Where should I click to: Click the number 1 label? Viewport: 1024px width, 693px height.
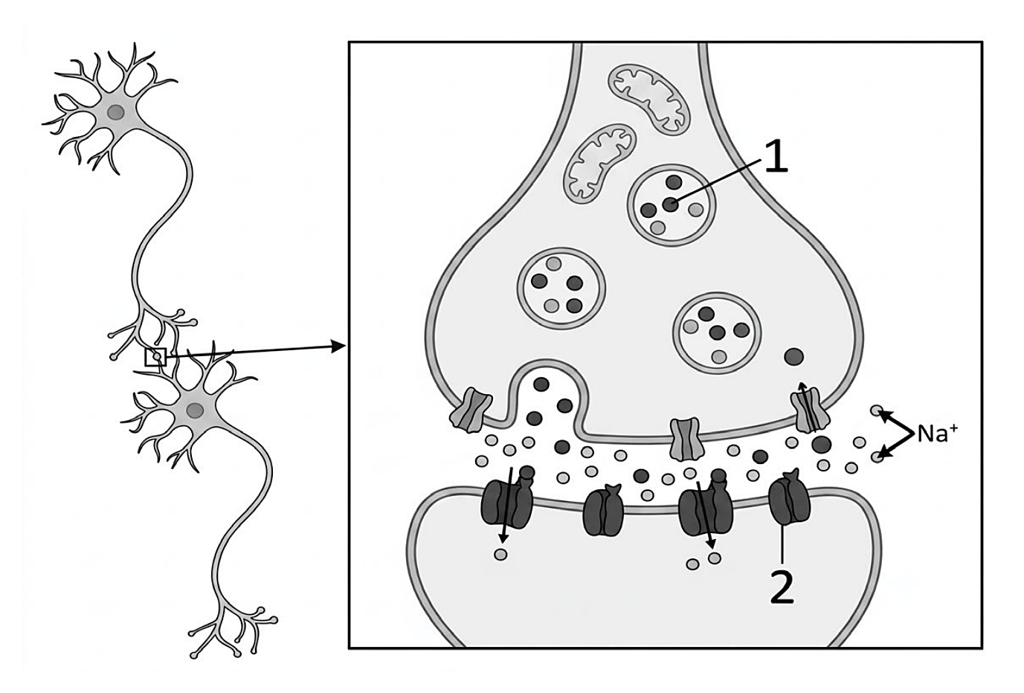776,156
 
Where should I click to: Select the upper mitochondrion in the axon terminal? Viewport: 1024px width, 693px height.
649,99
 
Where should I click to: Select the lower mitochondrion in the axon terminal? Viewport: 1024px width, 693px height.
599,164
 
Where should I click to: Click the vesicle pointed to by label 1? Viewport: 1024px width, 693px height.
671,205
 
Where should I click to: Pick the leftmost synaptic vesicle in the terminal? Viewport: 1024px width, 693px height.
561,289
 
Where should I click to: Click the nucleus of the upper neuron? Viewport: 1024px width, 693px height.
116,112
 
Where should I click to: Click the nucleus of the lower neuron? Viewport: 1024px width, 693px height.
195,410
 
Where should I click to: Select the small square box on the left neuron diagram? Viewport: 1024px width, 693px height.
156,357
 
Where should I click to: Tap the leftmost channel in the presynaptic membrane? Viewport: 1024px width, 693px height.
471,410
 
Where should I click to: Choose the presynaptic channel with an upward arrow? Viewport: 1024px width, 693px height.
810,409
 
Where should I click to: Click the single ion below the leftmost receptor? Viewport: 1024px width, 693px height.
500,555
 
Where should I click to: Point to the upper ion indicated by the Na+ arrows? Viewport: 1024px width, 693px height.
876,410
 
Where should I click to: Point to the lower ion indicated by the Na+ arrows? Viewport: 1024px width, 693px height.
876,457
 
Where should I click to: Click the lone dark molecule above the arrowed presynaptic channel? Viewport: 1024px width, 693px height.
793,357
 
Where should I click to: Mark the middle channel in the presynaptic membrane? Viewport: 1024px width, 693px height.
685,439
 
